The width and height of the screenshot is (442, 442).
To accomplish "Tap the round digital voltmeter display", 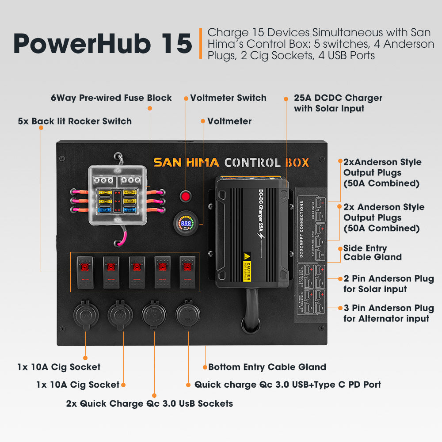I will (x=187, y=224).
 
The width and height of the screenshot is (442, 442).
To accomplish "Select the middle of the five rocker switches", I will (x=136, y=272).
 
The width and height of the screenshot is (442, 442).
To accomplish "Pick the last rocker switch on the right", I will (x=187, y=272).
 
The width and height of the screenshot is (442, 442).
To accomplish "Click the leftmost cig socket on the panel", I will (x=85, y=315).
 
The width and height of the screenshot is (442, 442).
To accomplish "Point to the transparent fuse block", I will (x=117, y=195).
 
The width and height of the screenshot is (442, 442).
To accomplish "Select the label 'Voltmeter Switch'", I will (x=228, y=98).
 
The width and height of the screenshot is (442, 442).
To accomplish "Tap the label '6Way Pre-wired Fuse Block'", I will (x=111, y=98).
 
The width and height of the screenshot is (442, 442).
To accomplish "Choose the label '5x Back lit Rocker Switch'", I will (x=75, y=121).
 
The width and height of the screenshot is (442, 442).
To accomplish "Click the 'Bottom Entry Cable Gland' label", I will (x=267, y=367).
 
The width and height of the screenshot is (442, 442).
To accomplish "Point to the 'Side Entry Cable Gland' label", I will (x=372, y=252).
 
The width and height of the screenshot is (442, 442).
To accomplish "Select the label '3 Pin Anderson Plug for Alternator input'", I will (x=388, y=313).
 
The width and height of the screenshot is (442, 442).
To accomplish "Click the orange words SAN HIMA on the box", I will (x=186, y=162).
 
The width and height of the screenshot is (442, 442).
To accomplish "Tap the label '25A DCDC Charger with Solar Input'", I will (x=338, y=103).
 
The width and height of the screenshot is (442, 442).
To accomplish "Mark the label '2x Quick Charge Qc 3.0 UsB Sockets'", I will (x=149, y=403).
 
